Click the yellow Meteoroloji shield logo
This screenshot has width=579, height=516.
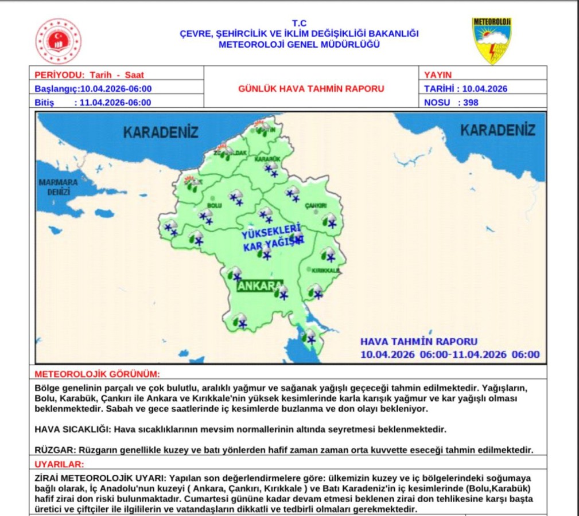(491, 40)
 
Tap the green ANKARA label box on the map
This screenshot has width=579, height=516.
(259, 286)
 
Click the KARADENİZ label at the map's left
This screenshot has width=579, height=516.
(161, 132)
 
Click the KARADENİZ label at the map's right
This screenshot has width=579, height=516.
(498, 130)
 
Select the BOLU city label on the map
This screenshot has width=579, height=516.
(214, 205)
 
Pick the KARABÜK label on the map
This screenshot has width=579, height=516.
(267, 158)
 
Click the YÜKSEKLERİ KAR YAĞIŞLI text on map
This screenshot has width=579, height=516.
(272, 240)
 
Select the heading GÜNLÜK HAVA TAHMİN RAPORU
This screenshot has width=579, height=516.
(311, 89)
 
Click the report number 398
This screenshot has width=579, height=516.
(468, 103)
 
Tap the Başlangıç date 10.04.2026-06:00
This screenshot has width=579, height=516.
(115, 89)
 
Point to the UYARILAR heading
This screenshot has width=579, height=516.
(59, 464)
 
